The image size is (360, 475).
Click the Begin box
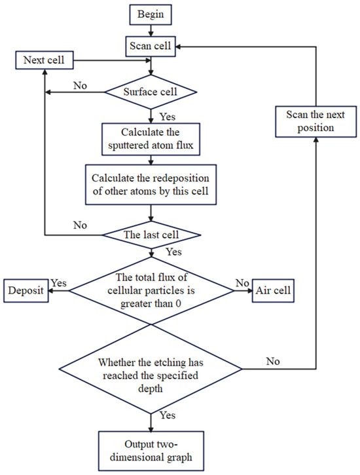(x=151, y=14)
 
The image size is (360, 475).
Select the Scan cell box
(x=151, y=47)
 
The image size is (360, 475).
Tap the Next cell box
(x=45, y=60)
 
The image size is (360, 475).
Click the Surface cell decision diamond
(x=151, y=92)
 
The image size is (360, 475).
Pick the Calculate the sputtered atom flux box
(x=151, y=139)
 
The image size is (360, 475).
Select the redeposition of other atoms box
(x=151, y=185)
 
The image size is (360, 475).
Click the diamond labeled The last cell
(x=151, y=235)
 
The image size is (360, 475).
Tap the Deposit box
(x=26, y=290)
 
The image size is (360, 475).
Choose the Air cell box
(x=273, y=290)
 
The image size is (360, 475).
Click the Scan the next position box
(x=316, y=121)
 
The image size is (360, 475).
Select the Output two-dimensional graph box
(x=151, y=451)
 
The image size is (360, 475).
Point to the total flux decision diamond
(x=151, y=291)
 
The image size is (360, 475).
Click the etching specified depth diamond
(x=151, y=370)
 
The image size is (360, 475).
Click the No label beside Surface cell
(x=80, y=86)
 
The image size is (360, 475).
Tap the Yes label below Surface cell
(x=168, y=117)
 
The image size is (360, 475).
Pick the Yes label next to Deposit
(x=58, y=283)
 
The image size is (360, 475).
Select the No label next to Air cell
(x=242, y=283)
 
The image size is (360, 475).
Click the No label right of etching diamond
(x=273, y=361)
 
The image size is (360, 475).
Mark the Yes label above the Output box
(x=168, y=415)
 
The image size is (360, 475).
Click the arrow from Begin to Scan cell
(x=151, y=31)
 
